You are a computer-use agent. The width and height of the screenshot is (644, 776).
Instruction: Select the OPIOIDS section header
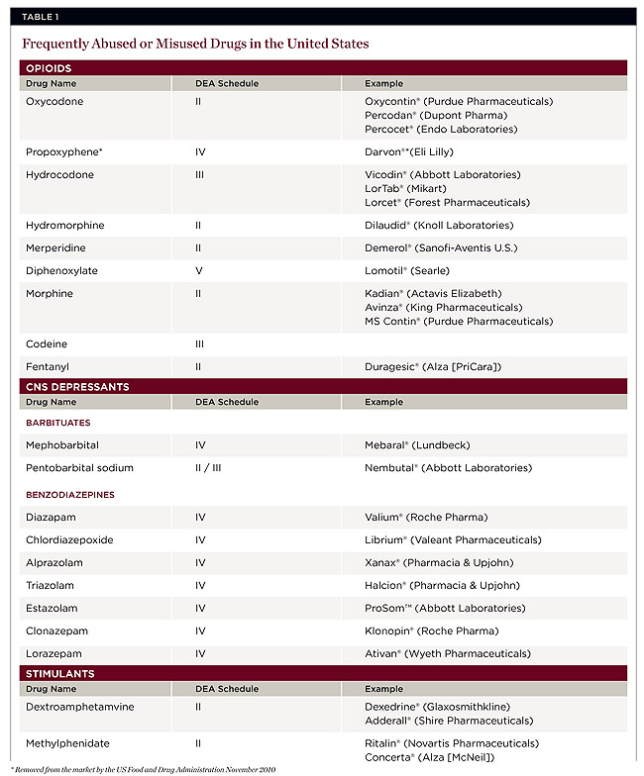(49, 68)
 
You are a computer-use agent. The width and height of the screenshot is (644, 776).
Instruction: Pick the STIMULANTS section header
(61, 673)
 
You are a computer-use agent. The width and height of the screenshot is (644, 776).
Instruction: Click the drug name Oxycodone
(54, 101)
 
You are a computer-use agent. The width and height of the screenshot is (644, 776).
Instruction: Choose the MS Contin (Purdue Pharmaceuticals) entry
(459, 321)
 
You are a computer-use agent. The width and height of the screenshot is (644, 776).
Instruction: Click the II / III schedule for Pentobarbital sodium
(208, 467)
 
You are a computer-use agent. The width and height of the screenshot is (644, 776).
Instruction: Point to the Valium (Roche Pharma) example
(426, 517)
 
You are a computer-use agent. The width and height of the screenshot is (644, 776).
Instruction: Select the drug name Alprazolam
(54, 562)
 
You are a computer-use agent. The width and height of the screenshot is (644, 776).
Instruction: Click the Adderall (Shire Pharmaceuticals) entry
(448, 721)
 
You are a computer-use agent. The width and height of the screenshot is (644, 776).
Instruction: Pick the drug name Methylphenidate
(67, 743)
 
